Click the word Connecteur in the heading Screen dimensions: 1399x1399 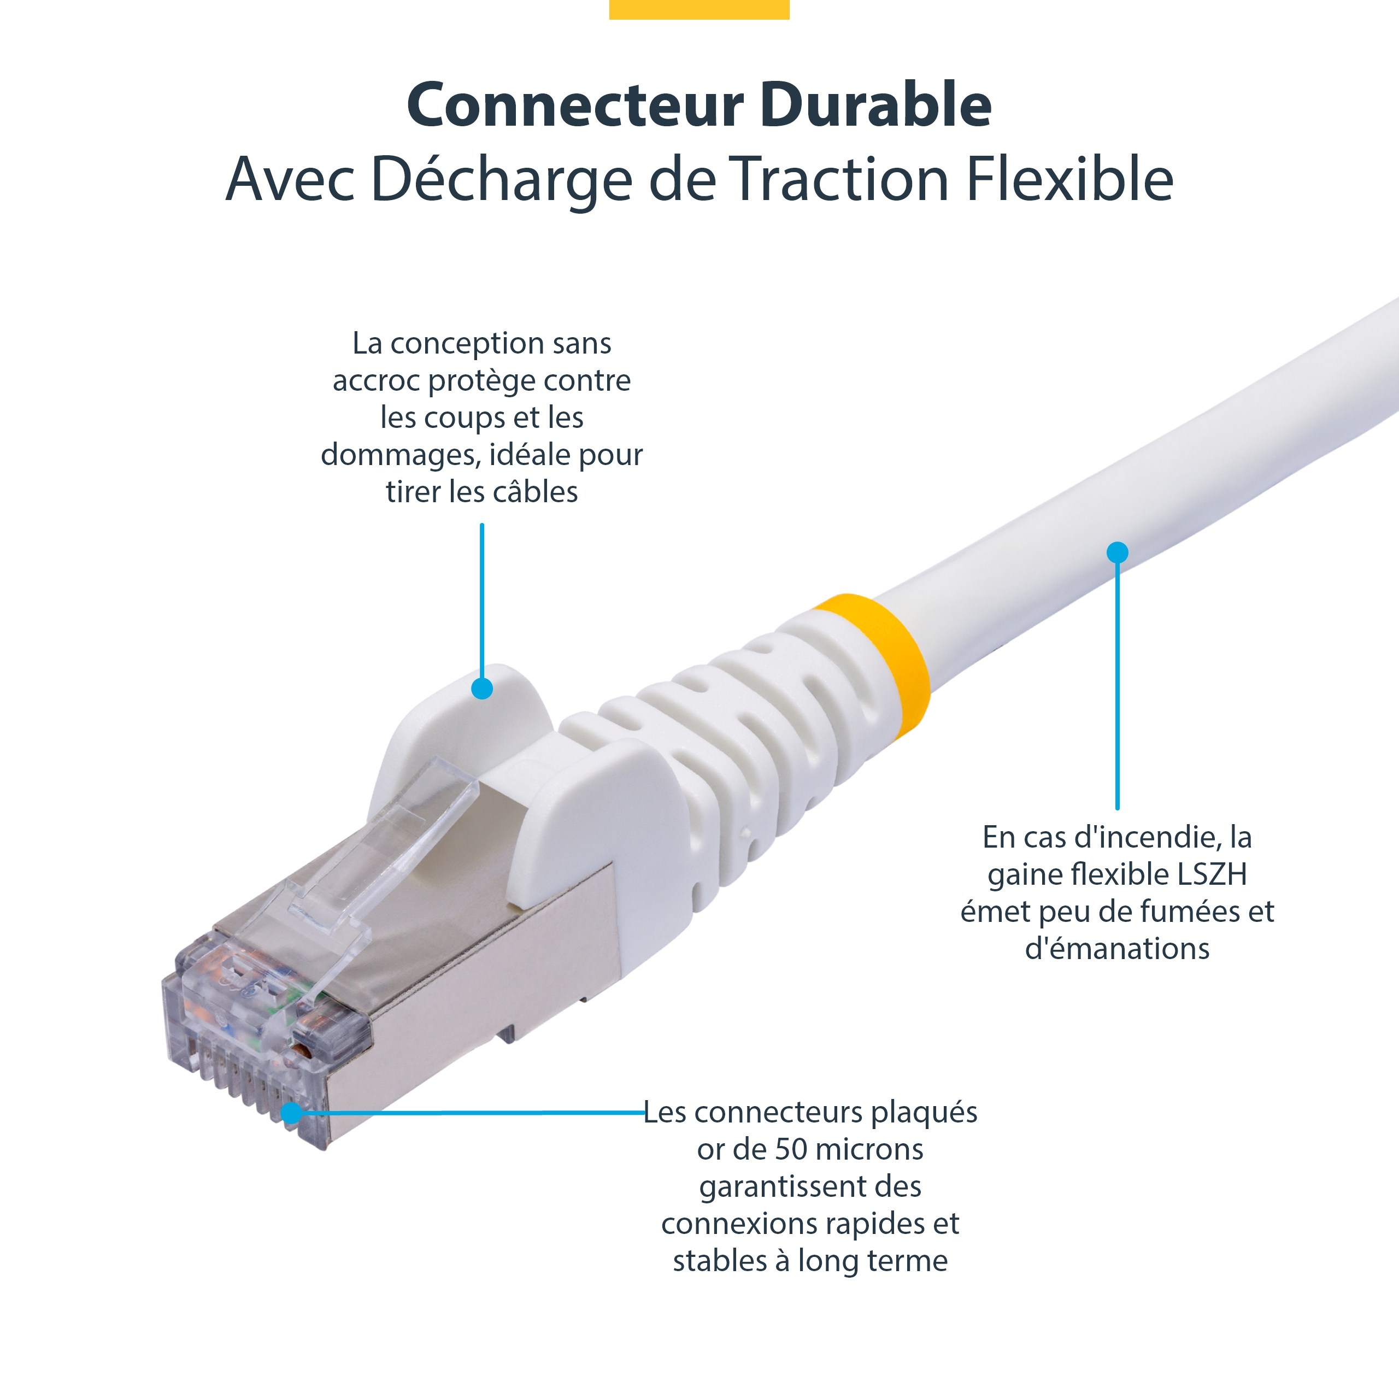(x=575, y=105)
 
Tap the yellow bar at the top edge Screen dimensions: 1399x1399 (x=699, y=9)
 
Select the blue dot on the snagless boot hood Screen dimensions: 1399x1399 (x=482, y=688)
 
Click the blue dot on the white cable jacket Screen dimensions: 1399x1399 (x=1118, y=552)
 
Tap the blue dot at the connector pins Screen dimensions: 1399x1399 (x=291, y=1113)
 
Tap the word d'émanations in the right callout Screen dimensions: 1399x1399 (x=1118, y=948)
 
